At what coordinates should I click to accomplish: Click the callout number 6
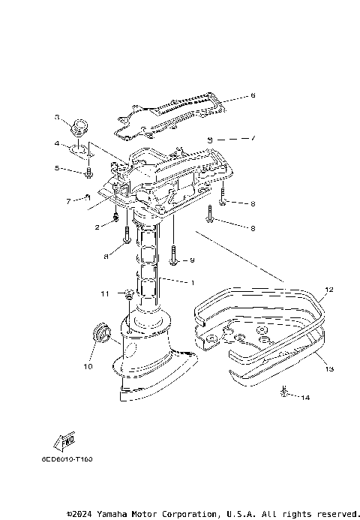253,95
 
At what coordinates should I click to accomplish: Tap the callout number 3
57,117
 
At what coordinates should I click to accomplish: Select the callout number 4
57,143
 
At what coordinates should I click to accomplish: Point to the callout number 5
57,169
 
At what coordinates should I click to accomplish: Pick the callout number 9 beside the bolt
192,260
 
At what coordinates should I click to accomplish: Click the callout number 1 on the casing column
192,283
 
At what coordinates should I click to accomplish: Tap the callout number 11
105,293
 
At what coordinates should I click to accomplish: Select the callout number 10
87,367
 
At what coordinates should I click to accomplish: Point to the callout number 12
328,288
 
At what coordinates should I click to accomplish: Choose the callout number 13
328,368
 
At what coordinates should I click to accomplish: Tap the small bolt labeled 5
89,173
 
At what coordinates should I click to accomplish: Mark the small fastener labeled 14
285,391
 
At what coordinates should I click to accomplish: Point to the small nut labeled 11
128,293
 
